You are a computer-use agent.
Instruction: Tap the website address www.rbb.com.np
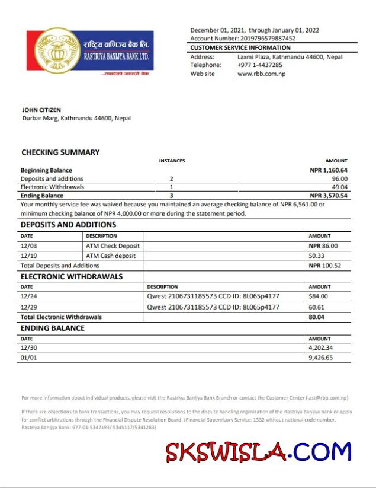point(261,74)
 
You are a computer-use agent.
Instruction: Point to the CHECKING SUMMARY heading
point(60,152)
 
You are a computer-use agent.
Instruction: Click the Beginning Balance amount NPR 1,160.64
point(329,170)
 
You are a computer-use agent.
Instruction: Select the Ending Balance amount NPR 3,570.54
point(329,195)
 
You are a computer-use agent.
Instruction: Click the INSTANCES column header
point(172,161)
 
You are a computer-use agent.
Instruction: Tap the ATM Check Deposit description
point(113,245)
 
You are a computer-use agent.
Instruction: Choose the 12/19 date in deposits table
point(29,256)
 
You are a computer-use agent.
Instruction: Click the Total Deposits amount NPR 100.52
point(323,266)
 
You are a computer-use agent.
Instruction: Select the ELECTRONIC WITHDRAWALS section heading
point(72,276)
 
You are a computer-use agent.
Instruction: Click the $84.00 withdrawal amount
point(318,296)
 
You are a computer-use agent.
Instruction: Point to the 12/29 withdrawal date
point(29,307)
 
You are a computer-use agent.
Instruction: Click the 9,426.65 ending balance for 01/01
point(320,358)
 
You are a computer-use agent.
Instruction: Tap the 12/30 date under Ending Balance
point(29,348)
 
